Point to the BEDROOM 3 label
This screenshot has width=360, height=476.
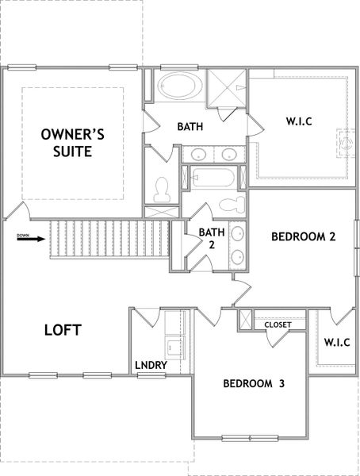point(253,384)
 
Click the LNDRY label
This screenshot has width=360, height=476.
point(151,365)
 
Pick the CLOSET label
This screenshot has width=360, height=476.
point(278,324)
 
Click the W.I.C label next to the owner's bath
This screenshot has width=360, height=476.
point(299,122)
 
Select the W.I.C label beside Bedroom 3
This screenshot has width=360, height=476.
point(337,342)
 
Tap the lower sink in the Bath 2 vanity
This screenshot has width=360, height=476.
point(237,257)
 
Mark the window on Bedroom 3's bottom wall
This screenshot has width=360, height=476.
point(248,437)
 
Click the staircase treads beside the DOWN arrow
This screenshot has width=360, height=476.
point(108,238)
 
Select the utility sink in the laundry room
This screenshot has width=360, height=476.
point(174,345)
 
